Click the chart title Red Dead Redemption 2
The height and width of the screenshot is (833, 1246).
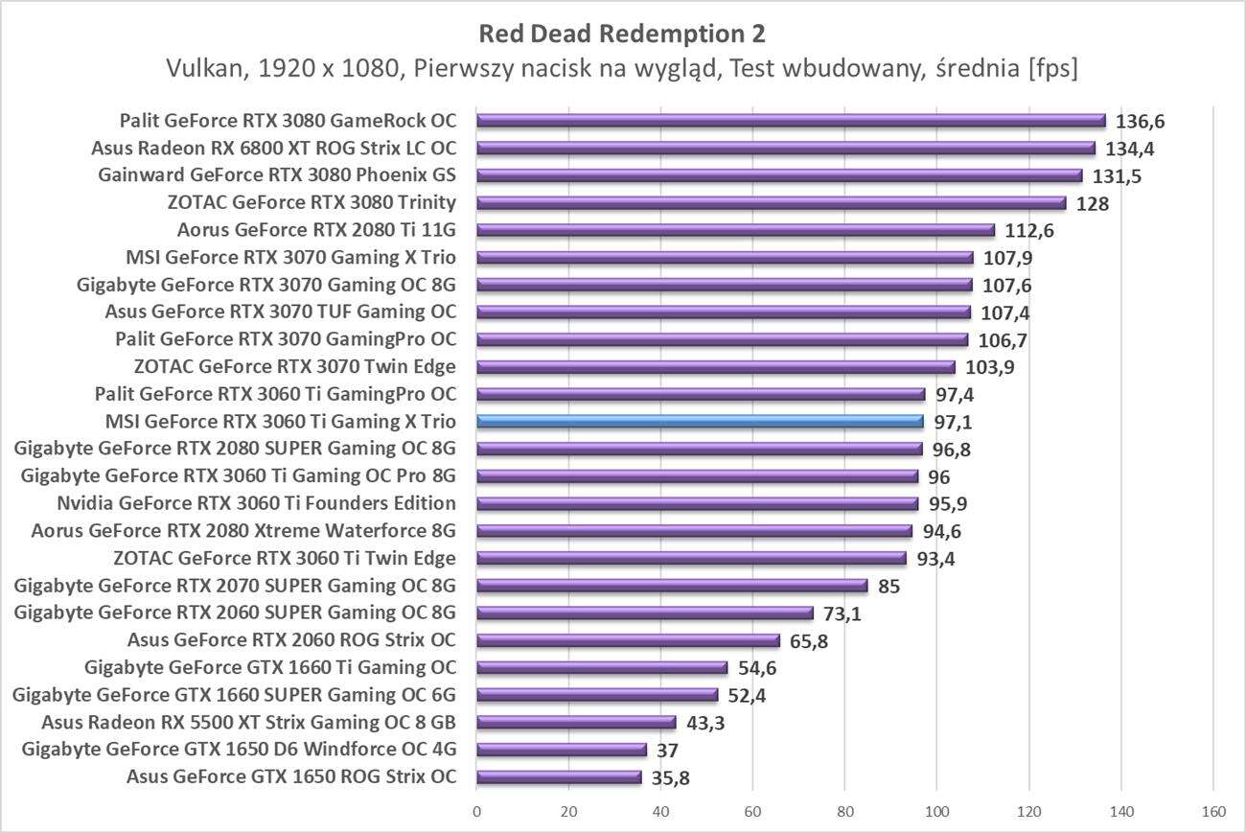[622, 34]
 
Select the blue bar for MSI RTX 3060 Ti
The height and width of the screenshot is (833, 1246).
[700, 421]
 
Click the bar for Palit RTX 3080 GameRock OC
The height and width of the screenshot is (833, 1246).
[791, 121]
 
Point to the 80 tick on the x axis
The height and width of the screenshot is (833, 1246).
[844, 812]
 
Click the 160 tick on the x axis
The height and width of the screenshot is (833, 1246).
[1212, 812]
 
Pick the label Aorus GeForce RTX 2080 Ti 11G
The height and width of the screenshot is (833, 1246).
[316, 230]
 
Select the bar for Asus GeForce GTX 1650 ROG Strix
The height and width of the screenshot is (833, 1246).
[559, 776]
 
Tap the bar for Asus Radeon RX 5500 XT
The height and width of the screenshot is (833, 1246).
[576, 722]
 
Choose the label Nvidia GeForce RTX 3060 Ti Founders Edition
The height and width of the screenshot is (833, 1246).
[256, 503]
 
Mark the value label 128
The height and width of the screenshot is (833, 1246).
[1093, 204]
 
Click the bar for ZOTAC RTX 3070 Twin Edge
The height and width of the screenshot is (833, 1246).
[716, 366]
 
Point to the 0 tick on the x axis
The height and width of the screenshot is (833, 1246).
[476, 812]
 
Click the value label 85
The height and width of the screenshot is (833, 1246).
[888, 586]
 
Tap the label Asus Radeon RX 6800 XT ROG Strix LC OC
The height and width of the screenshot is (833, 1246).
[273, 149]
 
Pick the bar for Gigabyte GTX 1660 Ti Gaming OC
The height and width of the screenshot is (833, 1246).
[602, 667]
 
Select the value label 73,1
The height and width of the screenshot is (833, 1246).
[842, 613]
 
